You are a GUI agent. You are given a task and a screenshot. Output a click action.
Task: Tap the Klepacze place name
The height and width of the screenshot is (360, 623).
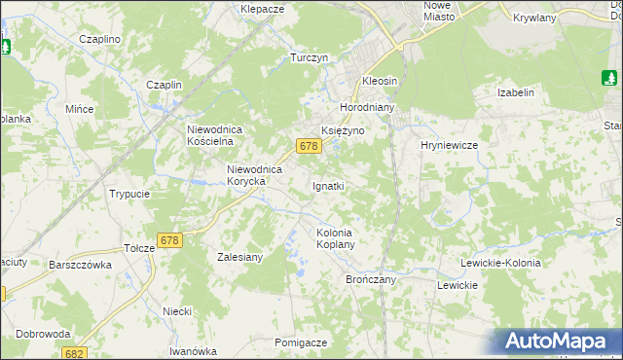point(262,9)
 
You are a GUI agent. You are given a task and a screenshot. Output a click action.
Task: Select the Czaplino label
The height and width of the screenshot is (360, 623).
point(100,39)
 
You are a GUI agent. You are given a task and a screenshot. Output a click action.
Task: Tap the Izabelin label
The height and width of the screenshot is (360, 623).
point(516,92)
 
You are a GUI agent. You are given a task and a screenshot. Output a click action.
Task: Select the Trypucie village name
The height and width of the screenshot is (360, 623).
point(129,194)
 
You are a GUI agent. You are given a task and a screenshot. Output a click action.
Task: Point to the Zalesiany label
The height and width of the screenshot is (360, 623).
point(237,258)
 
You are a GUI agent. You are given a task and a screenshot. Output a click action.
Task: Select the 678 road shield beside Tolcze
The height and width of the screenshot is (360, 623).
point(169,239)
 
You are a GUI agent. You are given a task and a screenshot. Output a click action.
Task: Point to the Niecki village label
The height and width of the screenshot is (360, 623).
point(177,311)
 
